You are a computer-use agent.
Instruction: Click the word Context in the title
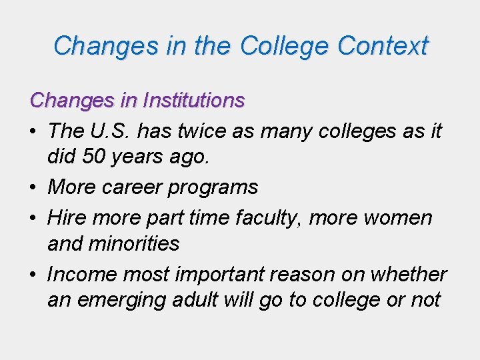click(383, 46)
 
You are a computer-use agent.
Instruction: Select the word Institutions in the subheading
click(198, 101)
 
